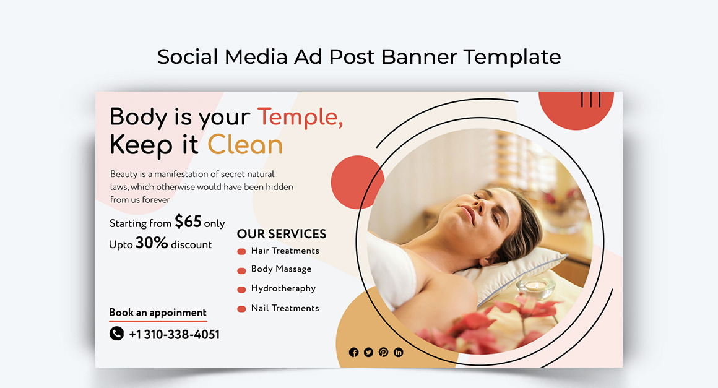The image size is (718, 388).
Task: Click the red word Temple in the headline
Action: click(300, 117)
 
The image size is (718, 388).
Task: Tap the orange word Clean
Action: click(246, 145)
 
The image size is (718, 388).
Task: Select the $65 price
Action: click(188, 222)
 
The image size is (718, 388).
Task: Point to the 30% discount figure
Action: click(152, 243)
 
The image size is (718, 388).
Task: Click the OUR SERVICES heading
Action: click(282, 234)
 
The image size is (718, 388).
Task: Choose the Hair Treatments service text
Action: click(285, 251)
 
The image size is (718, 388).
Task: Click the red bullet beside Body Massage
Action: click(241, 270)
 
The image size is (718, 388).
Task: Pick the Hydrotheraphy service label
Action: click(283, 289)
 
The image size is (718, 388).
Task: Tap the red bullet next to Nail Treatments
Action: click(241, 309)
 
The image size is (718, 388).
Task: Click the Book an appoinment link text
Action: click(157, 313)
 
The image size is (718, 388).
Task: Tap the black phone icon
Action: click(116, 334)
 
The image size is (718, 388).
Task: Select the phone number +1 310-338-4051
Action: click(175, 334)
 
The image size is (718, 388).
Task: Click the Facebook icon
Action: click(353, 352)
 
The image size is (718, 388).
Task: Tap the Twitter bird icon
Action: click(369, 352)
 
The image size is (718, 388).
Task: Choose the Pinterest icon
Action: click(384, 352)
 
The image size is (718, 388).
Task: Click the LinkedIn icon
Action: click(399, 352)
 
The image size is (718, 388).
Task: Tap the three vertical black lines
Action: click(590, 99)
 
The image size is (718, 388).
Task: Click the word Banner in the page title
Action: click(419, 57)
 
